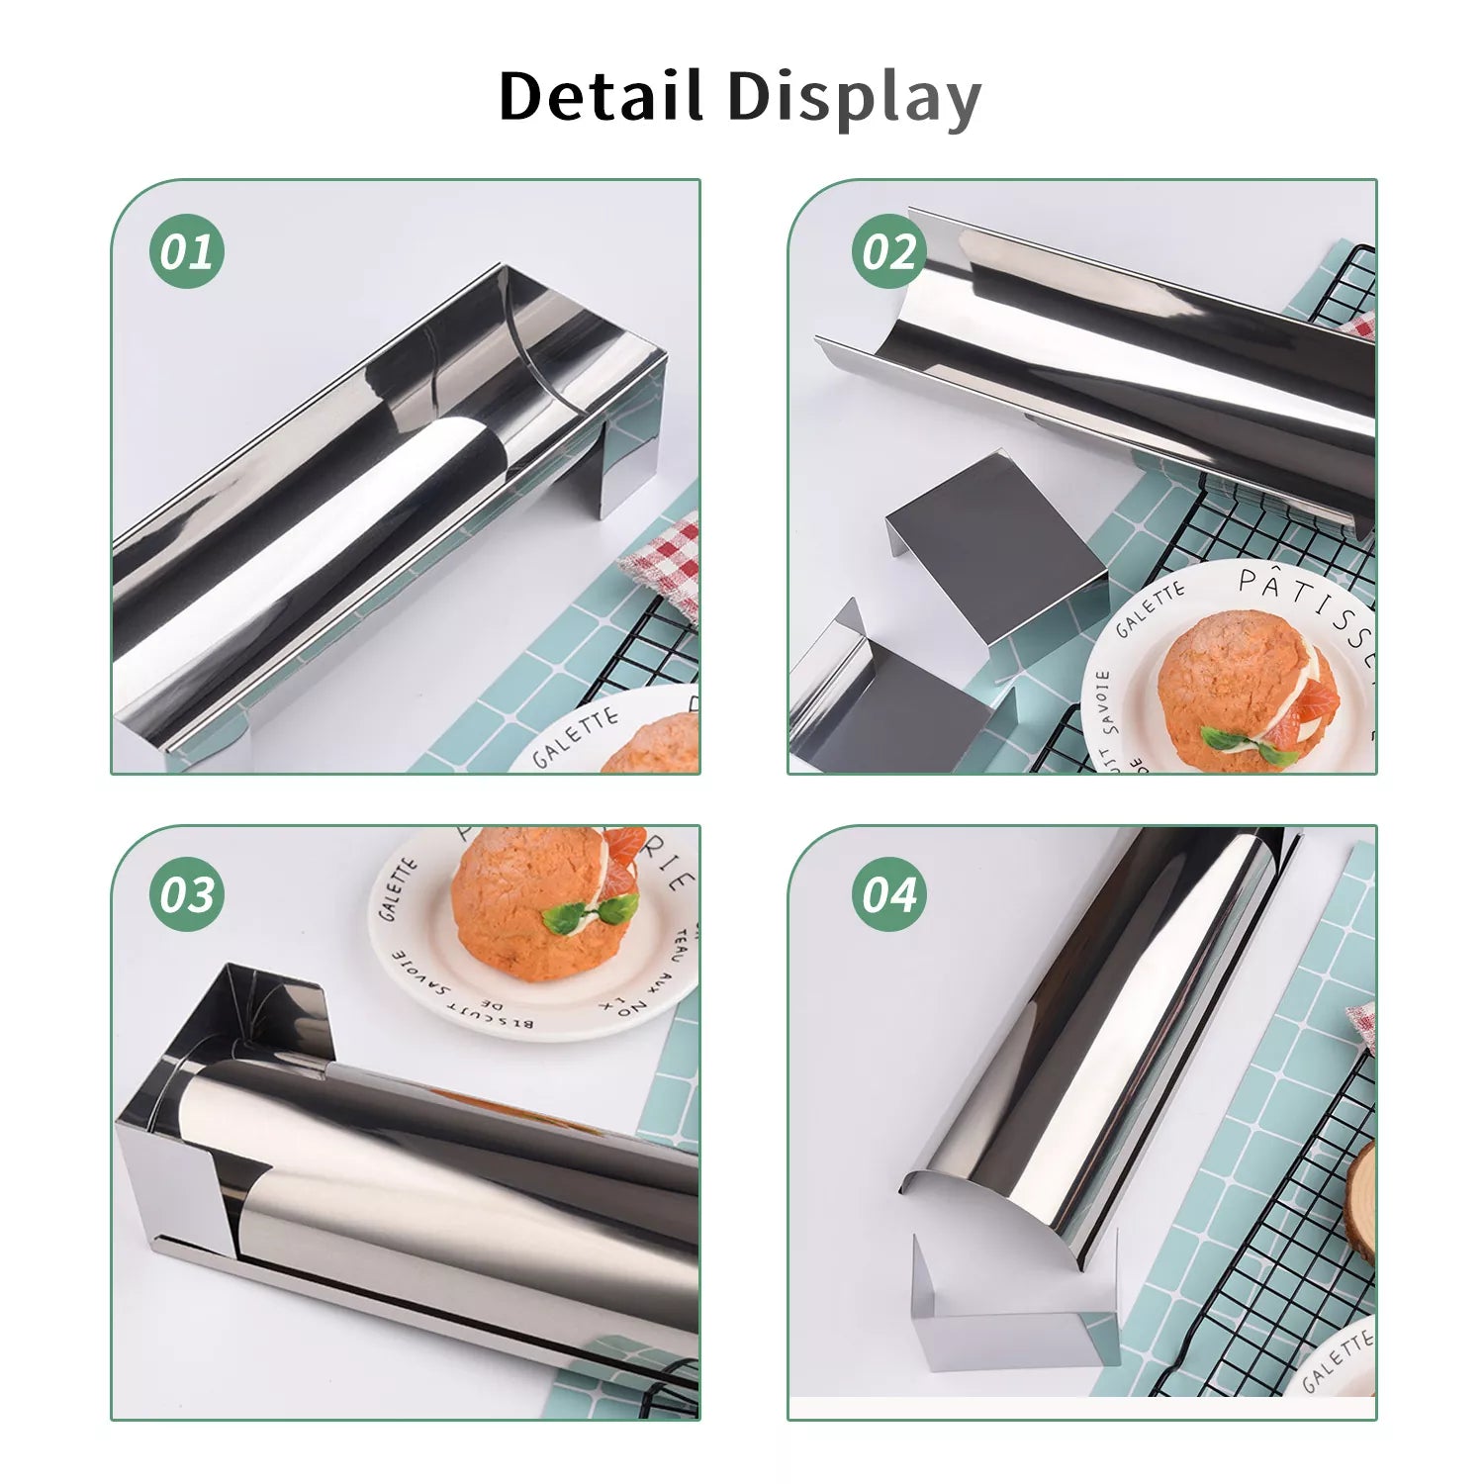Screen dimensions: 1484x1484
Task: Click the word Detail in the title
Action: [x=601, y=97]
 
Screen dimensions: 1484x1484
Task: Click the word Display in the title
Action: [x=853, y=99]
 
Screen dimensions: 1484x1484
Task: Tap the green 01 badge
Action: [x=187, y=251]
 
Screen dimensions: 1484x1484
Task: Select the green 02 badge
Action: [x=888, y=251]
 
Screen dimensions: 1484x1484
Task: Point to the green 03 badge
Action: [x=187, y=895]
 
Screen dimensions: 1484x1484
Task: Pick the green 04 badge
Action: [x=888, y=895]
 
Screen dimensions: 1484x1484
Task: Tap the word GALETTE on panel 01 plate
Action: [x=575, y=737]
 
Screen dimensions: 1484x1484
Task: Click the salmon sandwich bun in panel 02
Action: [x=1242, y=683]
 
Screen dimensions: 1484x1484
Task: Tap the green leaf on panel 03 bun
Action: [x=592, y=912]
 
